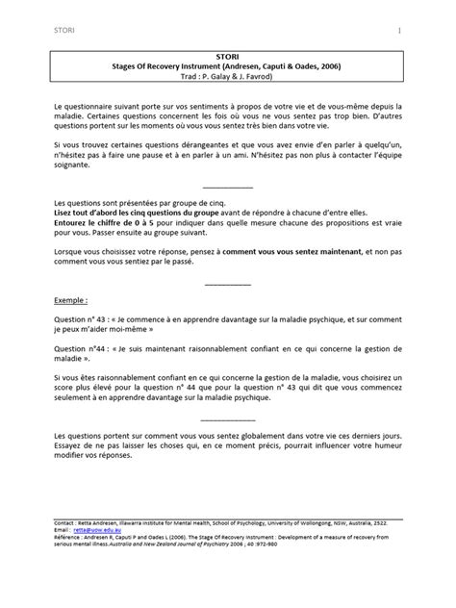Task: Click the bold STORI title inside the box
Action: (228, 57)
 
